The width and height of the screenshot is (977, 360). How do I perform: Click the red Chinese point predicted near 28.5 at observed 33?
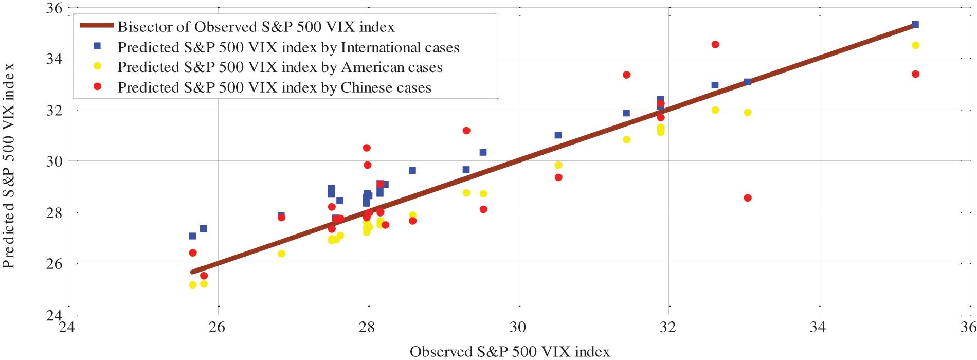tap(748, 198)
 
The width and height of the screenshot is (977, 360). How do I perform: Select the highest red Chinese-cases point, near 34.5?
tap(715, 45)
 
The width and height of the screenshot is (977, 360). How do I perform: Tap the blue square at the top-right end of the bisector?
tap(915, 25)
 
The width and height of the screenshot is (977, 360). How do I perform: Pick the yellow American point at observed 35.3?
tap(915, 45)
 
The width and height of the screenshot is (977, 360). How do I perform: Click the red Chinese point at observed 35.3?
tap(915, 74)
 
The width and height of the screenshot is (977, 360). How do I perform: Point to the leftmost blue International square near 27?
tap(192, 236)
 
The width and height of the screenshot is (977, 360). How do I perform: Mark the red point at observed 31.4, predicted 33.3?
tap(626, 75)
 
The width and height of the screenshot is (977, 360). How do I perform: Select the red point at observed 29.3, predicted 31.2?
tap(466, 131)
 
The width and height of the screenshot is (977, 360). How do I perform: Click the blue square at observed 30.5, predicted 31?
tap(558, 135)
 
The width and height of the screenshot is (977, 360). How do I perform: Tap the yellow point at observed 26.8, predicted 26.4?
tap(281, 254)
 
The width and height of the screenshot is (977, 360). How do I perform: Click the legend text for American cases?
tap(280, 67)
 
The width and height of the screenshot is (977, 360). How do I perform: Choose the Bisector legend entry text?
tap(256, 27)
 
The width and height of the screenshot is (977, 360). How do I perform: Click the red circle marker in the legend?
tap(97, 86)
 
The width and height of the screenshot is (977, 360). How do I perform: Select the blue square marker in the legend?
tap(97, 46)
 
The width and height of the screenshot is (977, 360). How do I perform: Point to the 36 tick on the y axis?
tap(53, 8)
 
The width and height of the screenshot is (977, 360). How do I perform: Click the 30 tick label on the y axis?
tap(53, 161)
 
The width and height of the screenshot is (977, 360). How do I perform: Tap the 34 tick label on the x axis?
tap(818, 328)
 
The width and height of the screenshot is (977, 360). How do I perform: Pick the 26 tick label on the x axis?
tap(217, 328)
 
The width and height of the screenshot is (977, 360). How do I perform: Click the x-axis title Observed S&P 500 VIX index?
tap(510, 352)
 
